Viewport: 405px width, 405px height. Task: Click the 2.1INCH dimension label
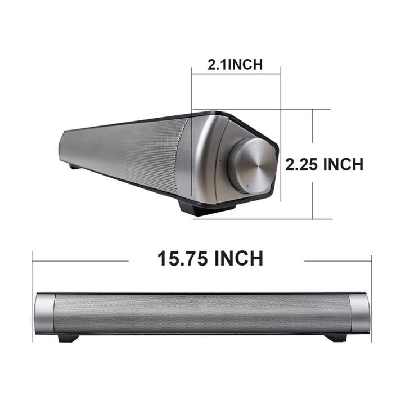tap(235, 64)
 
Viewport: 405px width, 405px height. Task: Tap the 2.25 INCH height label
tap(324, 164)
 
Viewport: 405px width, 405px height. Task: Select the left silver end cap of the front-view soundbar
tap(44, 313)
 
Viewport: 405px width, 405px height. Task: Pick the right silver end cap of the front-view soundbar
tap(360, 313)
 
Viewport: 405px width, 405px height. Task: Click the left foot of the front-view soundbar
tap(67, 337)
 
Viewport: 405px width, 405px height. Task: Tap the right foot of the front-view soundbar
tap(336, 337)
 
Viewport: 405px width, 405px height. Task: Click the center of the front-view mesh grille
tap(202, 313)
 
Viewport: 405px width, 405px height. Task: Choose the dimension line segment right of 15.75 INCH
tap(337, 260)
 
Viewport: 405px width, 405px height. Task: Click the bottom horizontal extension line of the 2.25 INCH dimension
tap(264, 219)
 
